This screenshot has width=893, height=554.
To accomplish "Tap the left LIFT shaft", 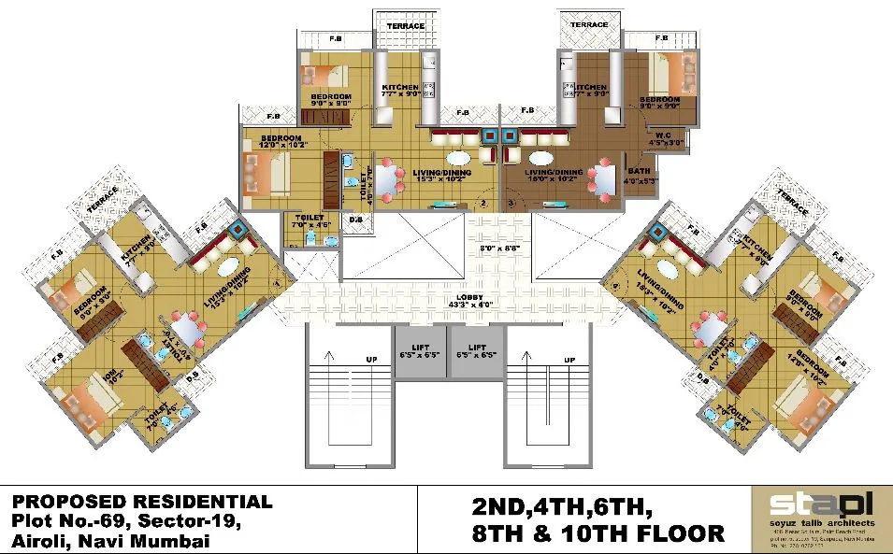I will click(x=419, y=350).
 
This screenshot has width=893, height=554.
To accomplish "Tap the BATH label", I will click(x=640, y=171).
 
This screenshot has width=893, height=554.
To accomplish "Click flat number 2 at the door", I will click(x=483, y=202).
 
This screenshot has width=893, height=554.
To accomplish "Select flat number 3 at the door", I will click(x=511, y=202).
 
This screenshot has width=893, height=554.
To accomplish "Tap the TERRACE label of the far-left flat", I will click(x=103, y=199).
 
